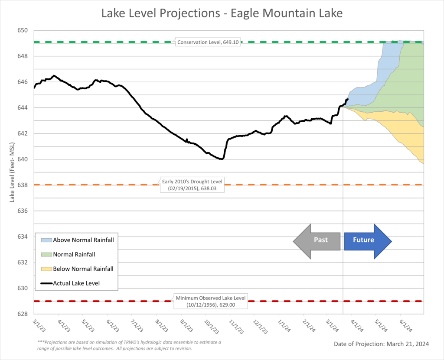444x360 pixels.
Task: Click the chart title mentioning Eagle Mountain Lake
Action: pos(222,13)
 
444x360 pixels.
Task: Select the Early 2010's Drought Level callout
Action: pos(192,185)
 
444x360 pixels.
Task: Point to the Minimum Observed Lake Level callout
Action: pos(211,301)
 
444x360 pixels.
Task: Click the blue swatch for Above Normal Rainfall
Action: pos(46,240)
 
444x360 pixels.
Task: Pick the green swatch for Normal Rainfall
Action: pos(46,254)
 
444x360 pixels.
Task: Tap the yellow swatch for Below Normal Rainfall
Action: pos(46,269)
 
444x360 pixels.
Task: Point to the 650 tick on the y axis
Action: pos(23,31)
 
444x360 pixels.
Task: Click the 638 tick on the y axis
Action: pos(23,185)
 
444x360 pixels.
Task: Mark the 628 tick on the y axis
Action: pos(23,314)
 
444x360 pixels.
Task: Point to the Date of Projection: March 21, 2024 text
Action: pos(381,344)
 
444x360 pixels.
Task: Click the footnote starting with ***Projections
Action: pos(129,345)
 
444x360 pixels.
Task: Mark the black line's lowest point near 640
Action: pos(222,159)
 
